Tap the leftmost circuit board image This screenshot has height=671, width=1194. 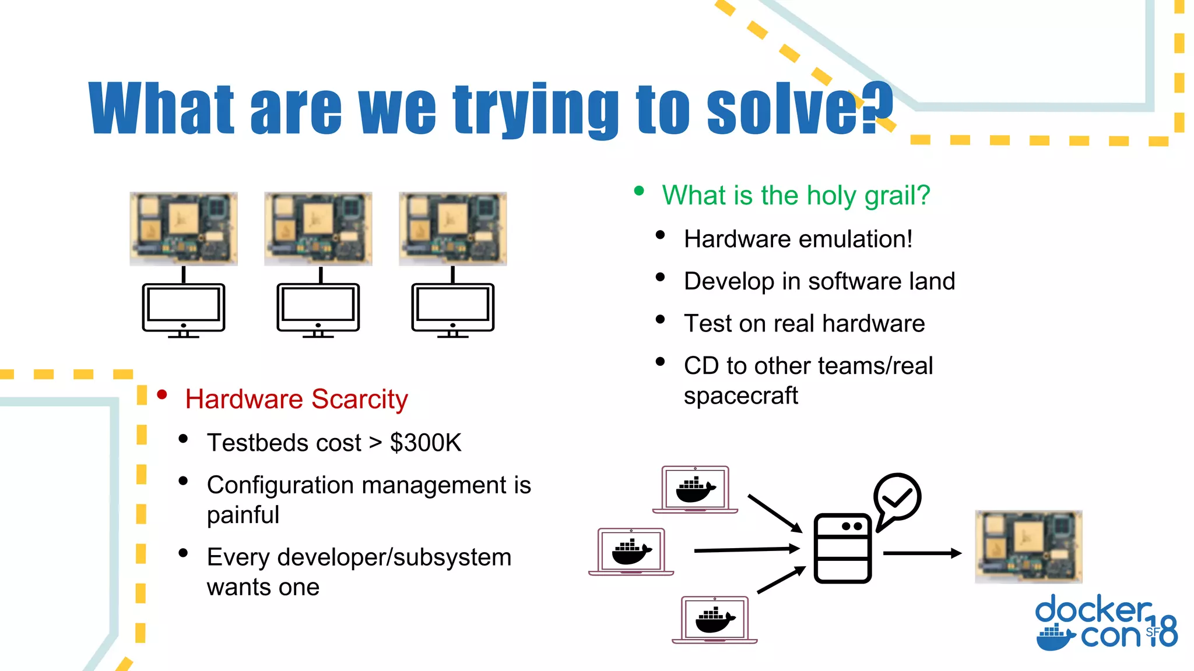183,228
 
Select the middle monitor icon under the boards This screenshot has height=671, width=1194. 318,309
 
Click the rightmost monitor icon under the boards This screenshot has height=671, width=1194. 452,309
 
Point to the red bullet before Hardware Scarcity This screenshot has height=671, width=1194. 162,395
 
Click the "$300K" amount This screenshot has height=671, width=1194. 425,443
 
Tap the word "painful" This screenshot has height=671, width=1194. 243,515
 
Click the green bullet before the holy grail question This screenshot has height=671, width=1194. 639,191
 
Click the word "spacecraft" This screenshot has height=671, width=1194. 740,396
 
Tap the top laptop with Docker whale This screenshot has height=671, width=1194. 695,489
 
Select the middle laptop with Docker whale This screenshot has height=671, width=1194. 631,551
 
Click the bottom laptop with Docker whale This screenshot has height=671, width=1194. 714,619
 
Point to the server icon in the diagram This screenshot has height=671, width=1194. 842,548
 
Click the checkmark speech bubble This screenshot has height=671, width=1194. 897,499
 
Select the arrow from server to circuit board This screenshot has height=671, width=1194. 921,553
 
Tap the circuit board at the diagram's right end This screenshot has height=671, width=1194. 1028,546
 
